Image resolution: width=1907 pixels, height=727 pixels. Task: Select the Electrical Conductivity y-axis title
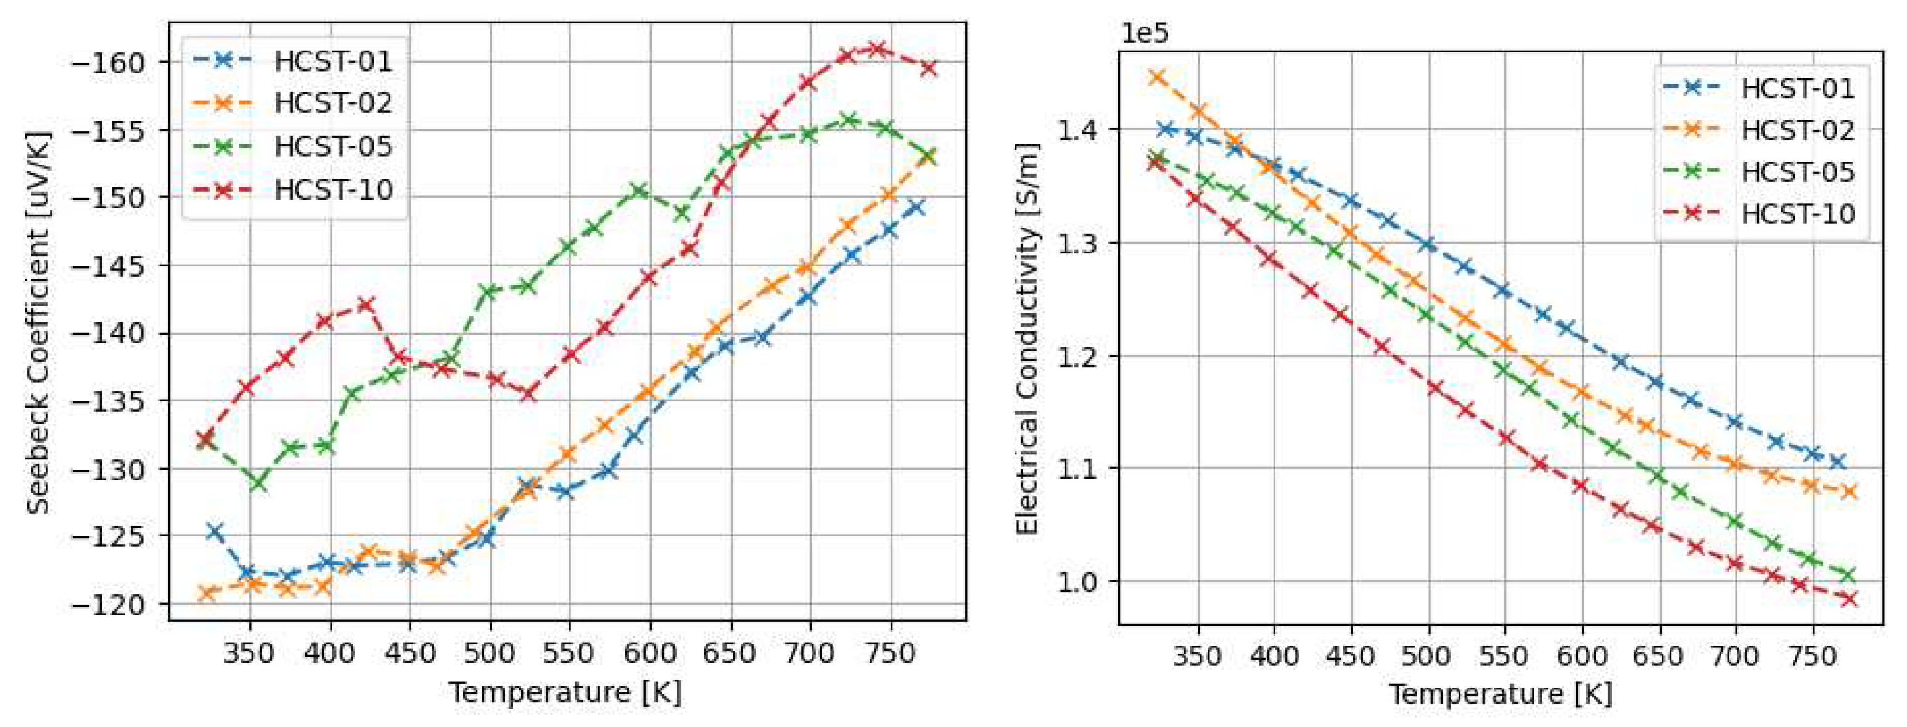pyautogui.click(x=1028, y=337)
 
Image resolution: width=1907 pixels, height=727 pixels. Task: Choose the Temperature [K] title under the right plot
pyautogui.click(x=1500, y=694)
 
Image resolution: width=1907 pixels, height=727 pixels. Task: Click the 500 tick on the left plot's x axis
pyautogui.click(x=491, y=654)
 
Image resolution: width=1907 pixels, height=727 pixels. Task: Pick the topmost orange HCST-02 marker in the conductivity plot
pyautogui.click(x=1157, y=77)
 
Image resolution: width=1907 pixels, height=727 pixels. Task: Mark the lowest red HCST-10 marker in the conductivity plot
pyautogui.click(x=1848, y=599)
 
